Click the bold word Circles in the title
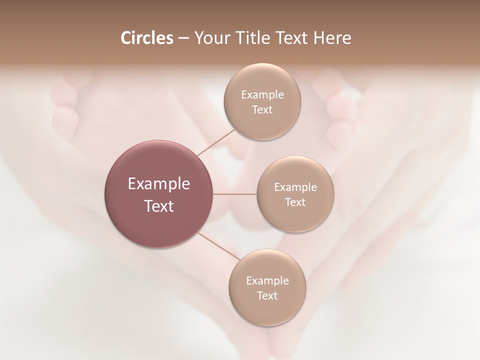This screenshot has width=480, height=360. point(147,38)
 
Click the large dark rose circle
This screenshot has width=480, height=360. point(159,194)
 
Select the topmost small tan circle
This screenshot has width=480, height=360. point(262,101)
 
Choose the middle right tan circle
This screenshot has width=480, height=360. point(295,194)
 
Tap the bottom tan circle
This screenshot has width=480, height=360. point(267,287)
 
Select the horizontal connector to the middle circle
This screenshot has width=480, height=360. point(235,194)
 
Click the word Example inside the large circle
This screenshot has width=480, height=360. point(159,183)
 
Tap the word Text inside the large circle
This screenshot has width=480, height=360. point(159,206)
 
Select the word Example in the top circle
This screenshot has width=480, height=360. point(262,94)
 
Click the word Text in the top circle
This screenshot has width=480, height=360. point(262,109)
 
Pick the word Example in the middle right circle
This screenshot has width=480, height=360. point(295,187)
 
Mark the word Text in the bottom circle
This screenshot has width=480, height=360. point(267,295)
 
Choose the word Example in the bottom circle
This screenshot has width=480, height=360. point(267,280)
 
